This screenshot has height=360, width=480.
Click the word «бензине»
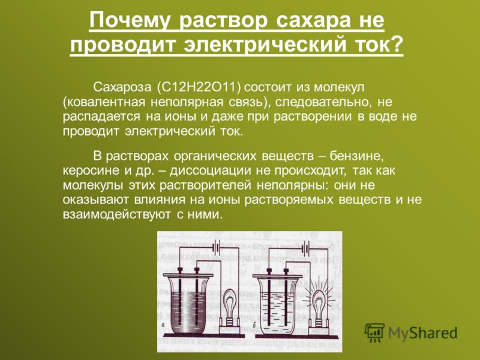click(356, 156)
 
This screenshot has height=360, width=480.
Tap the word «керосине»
click(91, 170)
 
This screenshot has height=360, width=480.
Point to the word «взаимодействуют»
click(116, 214)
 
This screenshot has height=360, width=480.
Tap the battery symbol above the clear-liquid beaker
click(306, 247)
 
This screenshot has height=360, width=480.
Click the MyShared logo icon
click(374, 332)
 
